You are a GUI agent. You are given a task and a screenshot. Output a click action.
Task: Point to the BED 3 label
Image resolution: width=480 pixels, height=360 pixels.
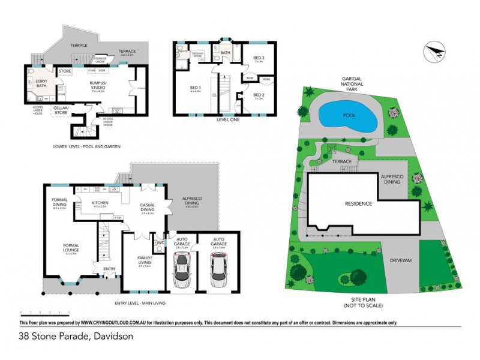tap(259, 58)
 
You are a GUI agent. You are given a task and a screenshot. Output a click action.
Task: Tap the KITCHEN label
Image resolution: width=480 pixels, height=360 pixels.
tap(100, 203)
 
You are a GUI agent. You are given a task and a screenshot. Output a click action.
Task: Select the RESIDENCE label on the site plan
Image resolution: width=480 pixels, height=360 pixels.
tap(358, 203)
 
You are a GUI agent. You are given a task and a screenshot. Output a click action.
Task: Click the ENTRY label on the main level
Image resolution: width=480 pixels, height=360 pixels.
tap(109, 268)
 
